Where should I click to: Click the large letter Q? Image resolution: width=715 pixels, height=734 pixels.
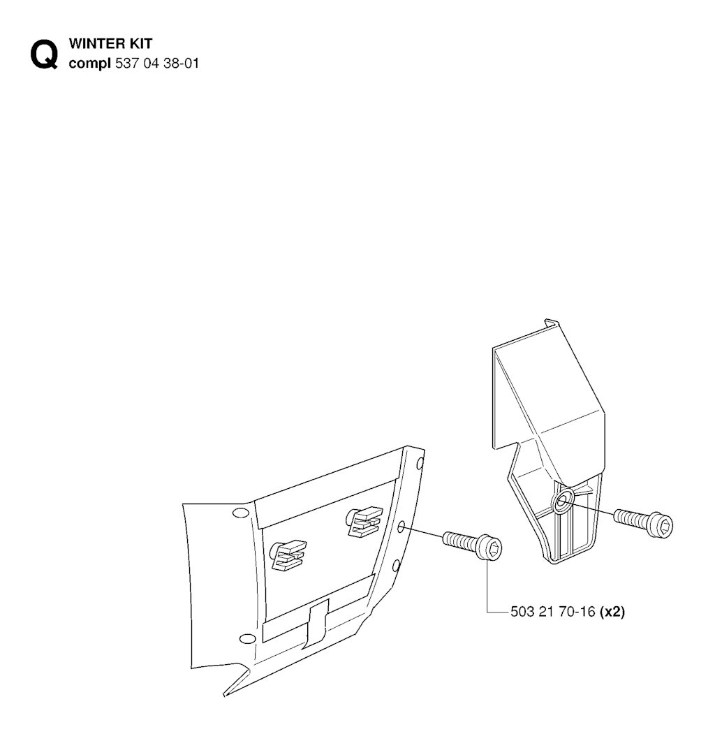[45, 54]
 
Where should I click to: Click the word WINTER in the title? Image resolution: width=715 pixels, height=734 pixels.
[96, 43]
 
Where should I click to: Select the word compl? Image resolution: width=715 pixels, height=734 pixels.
[89, 64]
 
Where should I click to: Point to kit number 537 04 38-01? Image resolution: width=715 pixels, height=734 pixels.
[157, 63]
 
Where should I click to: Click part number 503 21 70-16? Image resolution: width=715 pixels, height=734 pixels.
[552, 612]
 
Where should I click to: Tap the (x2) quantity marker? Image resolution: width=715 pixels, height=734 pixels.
[612, 612]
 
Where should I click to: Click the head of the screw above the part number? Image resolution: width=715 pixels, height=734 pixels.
[490, 548]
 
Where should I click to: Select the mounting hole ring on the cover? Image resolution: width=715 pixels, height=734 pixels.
[563, 501]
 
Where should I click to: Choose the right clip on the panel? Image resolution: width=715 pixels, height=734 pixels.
[364, 520]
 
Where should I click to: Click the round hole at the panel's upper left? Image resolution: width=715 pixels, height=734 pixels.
[240, 513]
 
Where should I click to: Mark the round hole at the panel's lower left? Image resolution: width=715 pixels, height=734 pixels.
[246, 638]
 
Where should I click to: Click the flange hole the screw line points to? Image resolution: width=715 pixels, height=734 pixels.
[401, 528]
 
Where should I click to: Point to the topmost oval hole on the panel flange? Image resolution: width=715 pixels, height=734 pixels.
[420, 464]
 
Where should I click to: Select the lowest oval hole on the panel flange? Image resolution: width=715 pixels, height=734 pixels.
[395, 566]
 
